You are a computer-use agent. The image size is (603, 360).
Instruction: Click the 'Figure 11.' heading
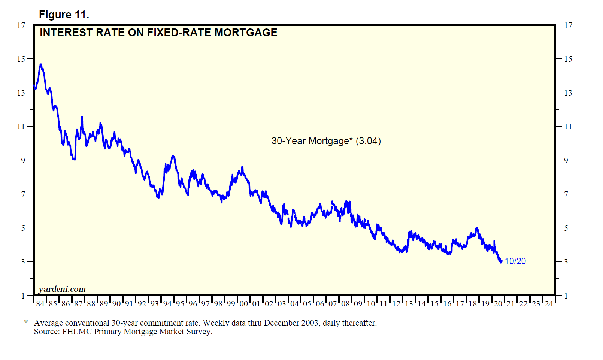64,15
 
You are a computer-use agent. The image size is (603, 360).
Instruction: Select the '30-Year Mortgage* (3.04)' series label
326,141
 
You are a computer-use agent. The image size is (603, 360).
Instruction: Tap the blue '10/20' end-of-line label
515,261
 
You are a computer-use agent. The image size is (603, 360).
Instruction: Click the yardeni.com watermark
62,289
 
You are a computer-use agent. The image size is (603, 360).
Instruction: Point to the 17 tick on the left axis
21,25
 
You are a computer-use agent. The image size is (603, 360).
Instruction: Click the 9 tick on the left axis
23,160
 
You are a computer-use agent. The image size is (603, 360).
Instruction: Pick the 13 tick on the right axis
568,93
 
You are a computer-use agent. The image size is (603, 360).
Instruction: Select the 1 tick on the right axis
566,296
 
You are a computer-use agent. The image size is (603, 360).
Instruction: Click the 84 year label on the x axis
40,304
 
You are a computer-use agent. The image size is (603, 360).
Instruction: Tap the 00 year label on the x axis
244,304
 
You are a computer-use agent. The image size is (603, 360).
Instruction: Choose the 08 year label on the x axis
345,304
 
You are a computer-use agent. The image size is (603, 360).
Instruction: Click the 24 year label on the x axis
549,304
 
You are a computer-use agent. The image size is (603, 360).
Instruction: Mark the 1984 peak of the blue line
41,65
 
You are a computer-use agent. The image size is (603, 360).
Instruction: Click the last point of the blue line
501,261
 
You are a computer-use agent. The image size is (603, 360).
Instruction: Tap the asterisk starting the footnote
26,322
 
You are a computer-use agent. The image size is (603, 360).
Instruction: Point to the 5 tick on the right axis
566,228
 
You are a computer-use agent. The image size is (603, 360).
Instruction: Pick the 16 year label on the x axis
447,304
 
